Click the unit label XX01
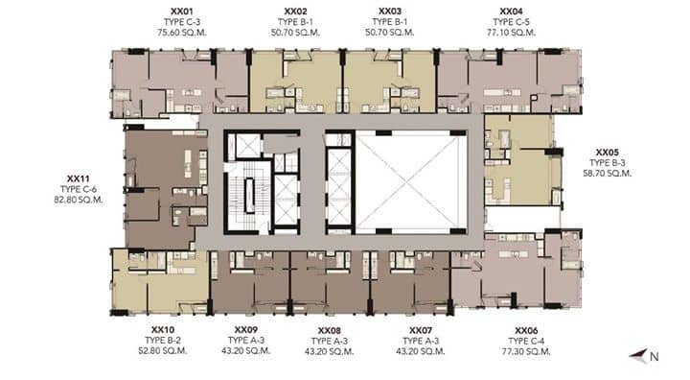point(182,12)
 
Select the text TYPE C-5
point(511,22)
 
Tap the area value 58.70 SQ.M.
point(608,174)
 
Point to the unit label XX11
point(79,178)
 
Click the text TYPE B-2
point(163,341)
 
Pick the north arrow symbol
point(638,355)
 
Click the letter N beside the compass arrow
point(655,357)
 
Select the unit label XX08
point(329,331)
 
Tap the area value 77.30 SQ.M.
point(526,352)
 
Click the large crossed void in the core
point(411,181)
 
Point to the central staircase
point(249,196)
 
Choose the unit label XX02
point(295,12)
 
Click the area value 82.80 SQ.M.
point(79,200)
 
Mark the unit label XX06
point(526,331)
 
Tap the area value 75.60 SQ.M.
point(182,33)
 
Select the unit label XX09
point(246,330)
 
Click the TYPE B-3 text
point(608,163)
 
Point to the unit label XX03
point(390,12)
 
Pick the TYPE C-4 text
point(526,342)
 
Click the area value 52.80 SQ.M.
point(163,351)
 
